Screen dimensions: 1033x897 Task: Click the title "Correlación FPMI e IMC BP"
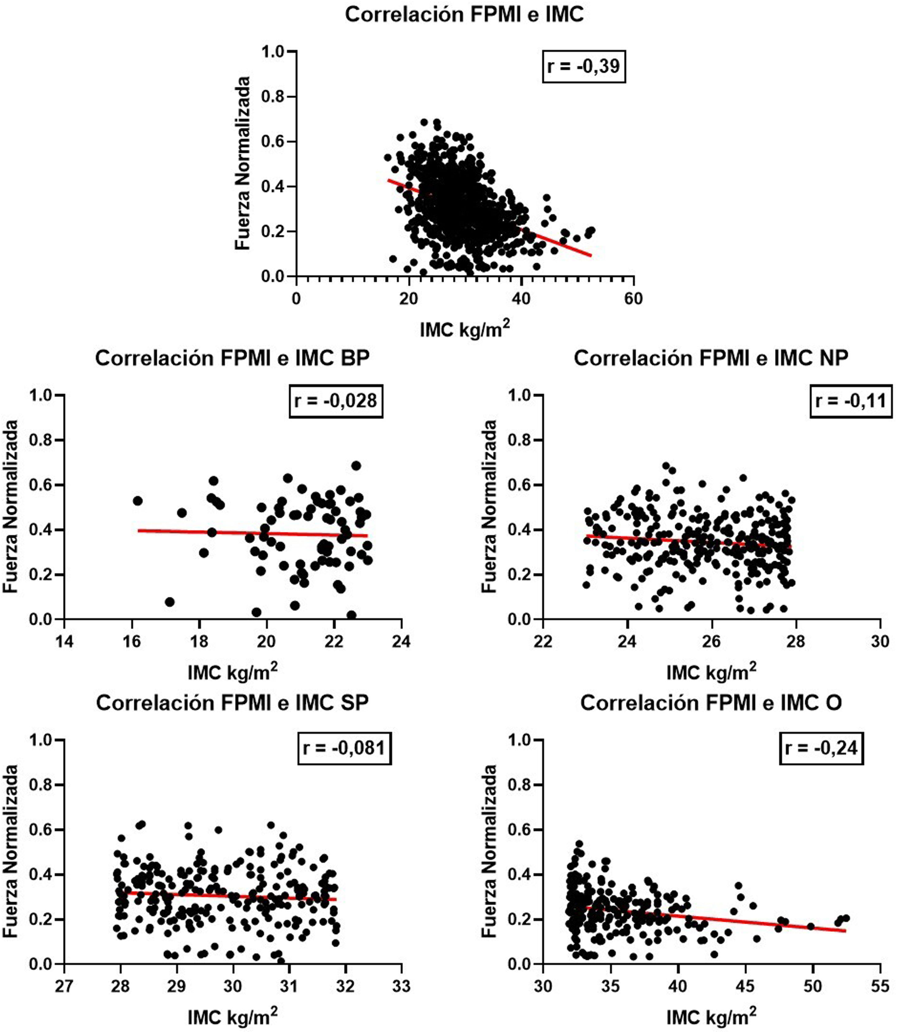pos(232,358)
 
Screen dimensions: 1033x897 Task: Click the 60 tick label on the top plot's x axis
pos(633,299)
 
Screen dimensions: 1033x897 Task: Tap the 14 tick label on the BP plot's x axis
pos(64,641)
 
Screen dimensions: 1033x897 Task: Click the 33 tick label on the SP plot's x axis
pos(401,986)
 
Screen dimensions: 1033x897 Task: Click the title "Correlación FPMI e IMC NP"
pos(711,358)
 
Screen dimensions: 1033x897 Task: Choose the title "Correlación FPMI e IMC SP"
pos(232,703)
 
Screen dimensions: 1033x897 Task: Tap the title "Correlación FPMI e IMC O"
pos(711,703)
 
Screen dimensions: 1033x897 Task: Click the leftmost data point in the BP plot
pos(138,501)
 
